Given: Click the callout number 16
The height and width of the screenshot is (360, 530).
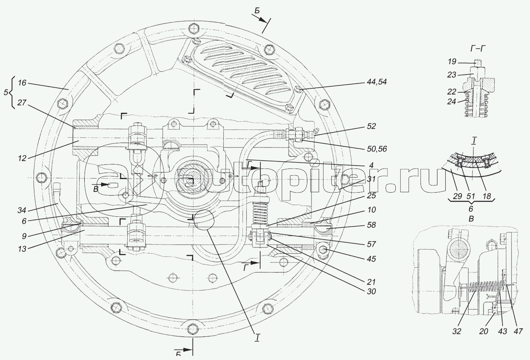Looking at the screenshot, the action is point(22,83).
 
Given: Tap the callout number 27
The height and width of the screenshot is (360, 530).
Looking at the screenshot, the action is point(22,103).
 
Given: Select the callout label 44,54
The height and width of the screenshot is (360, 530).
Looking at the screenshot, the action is point(377,82).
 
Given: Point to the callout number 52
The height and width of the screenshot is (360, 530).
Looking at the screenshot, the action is point(371,126).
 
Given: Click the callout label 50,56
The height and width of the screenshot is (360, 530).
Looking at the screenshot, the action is point(377,149).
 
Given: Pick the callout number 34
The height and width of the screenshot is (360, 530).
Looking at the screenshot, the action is point(22,210).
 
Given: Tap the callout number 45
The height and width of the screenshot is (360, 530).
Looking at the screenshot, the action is point(371,259).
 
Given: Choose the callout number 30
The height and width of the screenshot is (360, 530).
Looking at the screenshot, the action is point(371,292).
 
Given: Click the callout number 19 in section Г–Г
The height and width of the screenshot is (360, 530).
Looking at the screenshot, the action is point(452,62).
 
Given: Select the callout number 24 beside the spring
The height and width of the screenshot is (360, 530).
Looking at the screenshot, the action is point(452,102).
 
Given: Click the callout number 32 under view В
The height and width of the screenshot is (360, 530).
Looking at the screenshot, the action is point(457,331).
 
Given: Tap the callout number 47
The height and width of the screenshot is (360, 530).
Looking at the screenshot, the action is point(518,331).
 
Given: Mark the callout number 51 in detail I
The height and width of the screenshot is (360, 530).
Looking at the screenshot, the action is point(471,196).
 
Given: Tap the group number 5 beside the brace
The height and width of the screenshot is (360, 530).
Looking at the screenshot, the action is point(6,92).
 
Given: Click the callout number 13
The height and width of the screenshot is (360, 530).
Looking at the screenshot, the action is point(22,249).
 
